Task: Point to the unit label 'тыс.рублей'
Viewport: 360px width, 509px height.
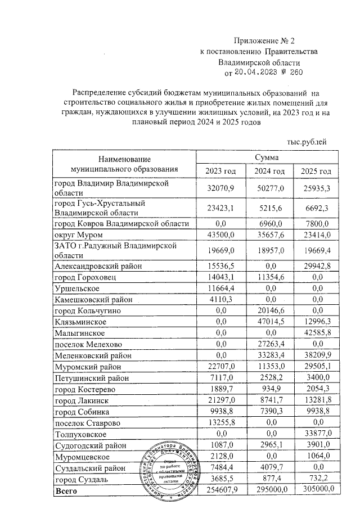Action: pyautogui.click(x=307, y=143)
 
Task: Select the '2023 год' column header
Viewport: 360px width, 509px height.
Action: pyautogui.click(x=220, y=171)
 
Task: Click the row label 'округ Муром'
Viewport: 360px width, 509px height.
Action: pyautogui.click(x=77, y=235)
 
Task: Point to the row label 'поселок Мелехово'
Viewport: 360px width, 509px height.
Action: pyautogui.click(x=87, y=343)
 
